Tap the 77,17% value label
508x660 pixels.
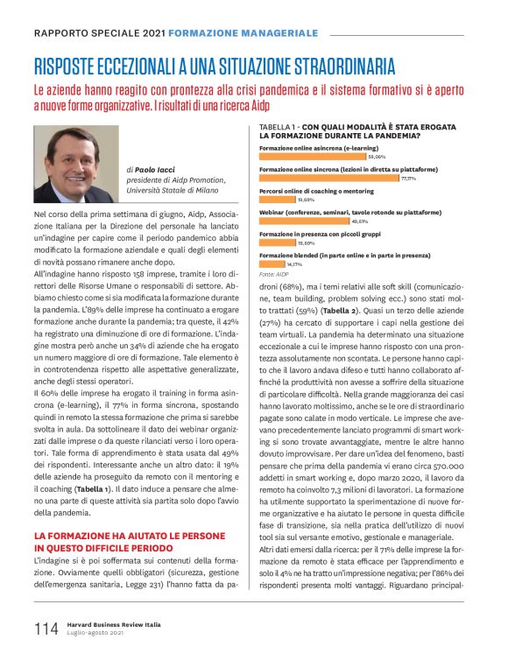pos(408,178)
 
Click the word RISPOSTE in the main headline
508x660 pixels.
pos(71,67)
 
